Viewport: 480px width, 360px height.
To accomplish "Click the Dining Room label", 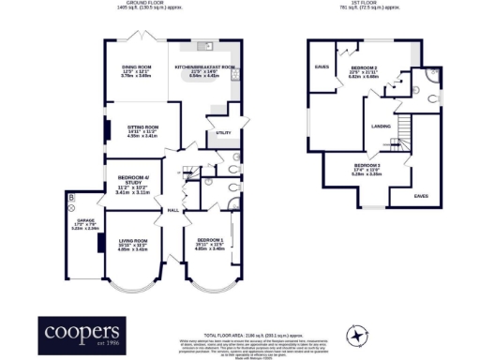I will (x=138, y=67).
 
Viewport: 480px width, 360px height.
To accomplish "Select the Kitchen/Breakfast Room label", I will (x=204, y=67).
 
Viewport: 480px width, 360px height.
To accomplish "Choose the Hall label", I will (x=173, y=210).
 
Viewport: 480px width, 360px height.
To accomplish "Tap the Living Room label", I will (x=133, y=241).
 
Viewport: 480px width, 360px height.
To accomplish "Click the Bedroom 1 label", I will (x=208, y=241).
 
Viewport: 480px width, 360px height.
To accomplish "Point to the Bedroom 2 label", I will (x=365, y=68).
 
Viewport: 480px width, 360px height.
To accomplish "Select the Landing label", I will (x=381, y=126).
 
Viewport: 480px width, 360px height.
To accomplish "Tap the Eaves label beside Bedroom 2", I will (x=322, y=66).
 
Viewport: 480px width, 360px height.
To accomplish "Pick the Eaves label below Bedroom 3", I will (x=421, y=196).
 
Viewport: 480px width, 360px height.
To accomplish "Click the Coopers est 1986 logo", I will (x=80, y=333).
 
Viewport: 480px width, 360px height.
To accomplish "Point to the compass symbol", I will (x=356, y=333).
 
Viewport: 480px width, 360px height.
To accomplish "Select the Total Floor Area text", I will (x=242, y=334).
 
